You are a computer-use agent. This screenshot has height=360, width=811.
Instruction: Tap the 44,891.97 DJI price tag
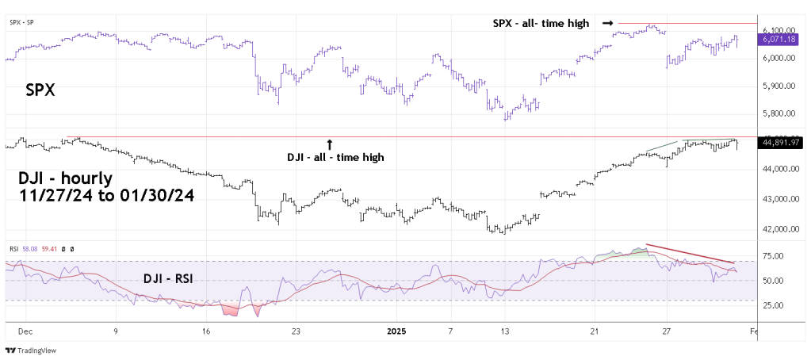pyautogui.click(x=779, y=143)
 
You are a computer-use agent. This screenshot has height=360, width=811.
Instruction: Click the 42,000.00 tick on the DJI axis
pyautogui.click(x=779, y=229)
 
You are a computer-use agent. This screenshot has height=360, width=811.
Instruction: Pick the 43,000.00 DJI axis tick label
pyautogui.click(x=779, y=199)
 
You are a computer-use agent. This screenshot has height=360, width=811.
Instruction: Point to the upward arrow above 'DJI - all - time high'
pyautogui.click(x=330, y=144)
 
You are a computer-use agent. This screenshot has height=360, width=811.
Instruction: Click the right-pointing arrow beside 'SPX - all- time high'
pyautogui.click(x=607, y=23)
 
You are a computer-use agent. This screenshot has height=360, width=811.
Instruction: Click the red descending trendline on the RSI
pyautogui.click(x=690, y=253)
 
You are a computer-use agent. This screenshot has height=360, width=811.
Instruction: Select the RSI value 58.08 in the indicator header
pyautogui.click(x=29, y=249)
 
